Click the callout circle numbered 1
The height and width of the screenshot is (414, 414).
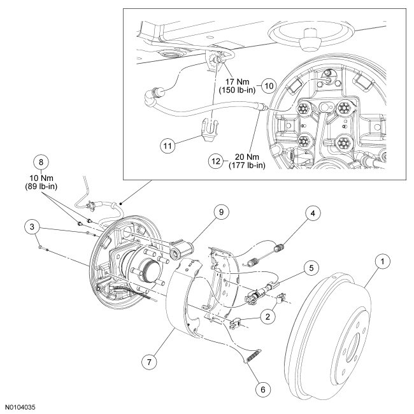[x=382, y=261]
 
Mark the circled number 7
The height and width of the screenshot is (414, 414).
[x=148, y=361]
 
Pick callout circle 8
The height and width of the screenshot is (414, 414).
[x=42, y=162]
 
